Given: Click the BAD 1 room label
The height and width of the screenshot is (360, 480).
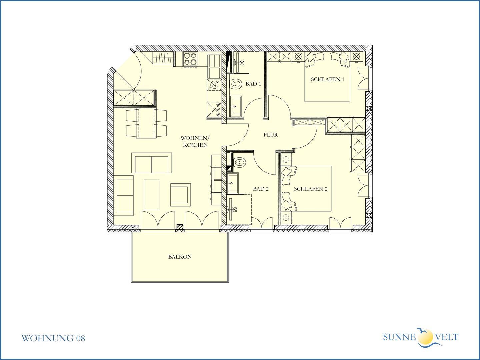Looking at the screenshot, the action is pyautogui.click(x=253, y=84).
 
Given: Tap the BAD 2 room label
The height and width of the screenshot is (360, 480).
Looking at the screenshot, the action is pyautogui.click(x=261, y=189).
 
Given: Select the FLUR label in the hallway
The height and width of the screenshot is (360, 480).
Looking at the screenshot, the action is pyautogui.click(x=271, y=135).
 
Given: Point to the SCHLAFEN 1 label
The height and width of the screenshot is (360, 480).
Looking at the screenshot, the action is pyautogui.click(x=328, y=79).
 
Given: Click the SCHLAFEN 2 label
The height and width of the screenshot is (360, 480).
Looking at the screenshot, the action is pyautogui.click(x=311, y=189).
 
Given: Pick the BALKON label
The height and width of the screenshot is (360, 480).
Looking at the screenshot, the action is pyautogui.click(x=180, y=257).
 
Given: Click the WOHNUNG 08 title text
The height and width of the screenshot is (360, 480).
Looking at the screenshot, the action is pyautogui.click(x=53, y=338).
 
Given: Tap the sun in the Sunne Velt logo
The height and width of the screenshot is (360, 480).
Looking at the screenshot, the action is pyautogui.click(x=425, y=337).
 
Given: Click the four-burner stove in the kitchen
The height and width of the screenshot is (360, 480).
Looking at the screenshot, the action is pyautogui.click(x=190, y=59).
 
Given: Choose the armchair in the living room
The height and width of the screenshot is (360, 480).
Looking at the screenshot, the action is pyautogui.click(x=180, y=195).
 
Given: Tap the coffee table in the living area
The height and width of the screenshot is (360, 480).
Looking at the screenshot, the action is pyautogui.click(x=152, y=195).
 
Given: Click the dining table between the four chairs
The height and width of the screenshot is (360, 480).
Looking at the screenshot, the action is pyautogui.click(x=146, y=123).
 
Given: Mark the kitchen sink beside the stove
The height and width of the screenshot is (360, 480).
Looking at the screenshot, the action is pyautogui.click(x=214, y=67).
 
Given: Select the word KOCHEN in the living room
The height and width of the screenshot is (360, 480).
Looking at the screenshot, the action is pyautogui.click(x=195, y=145).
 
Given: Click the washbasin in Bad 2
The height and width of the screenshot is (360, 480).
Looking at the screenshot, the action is pyautogui.click(x=233, y=183).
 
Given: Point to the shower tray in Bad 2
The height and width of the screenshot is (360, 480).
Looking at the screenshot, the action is pyautogui.click(x=239, y=209).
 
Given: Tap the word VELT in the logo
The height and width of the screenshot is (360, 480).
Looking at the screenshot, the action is pyautogui.click(x=446, y=337).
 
